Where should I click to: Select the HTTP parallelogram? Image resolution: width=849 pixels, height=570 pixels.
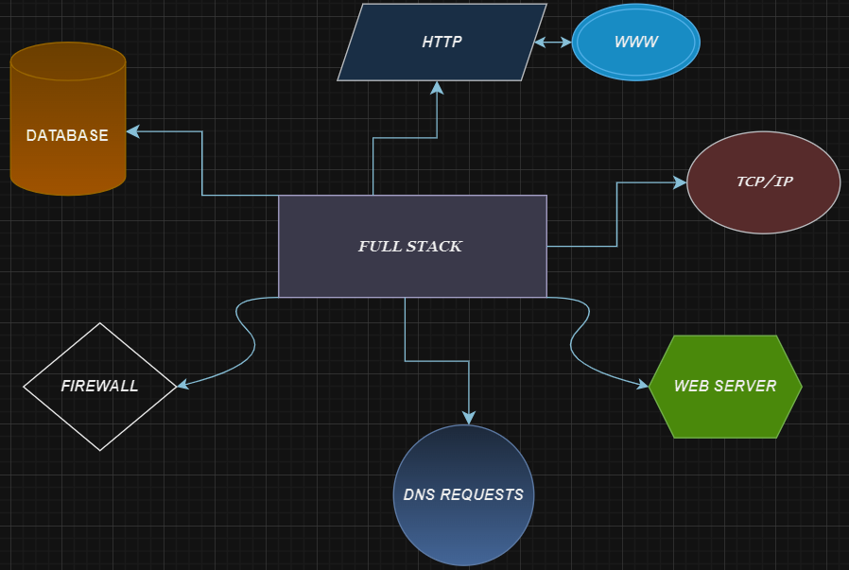pos(442,43)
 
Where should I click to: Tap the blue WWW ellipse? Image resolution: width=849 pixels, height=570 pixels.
pos(635,43)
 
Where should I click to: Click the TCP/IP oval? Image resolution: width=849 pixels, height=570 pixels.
pos(763,181)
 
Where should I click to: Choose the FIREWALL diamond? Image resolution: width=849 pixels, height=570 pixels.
pos(99,387)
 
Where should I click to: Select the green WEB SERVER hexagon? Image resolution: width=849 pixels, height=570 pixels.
pos(725,387)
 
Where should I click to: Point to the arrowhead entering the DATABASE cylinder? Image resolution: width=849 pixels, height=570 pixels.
pos(133,132)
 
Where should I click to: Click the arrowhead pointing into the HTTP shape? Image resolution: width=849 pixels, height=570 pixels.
pos(436,88)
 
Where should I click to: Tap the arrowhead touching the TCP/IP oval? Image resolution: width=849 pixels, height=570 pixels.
pos(679,182)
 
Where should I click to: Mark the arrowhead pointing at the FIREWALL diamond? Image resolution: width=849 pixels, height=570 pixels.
pos(183,385)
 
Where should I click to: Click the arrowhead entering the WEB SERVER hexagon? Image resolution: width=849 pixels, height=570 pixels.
pos(642,384)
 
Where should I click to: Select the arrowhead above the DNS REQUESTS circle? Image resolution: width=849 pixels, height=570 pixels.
pos(468,417)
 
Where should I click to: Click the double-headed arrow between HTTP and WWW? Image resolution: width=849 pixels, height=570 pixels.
pos(553,43)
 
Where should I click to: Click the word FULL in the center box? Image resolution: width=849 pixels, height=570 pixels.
pos(379,247)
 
